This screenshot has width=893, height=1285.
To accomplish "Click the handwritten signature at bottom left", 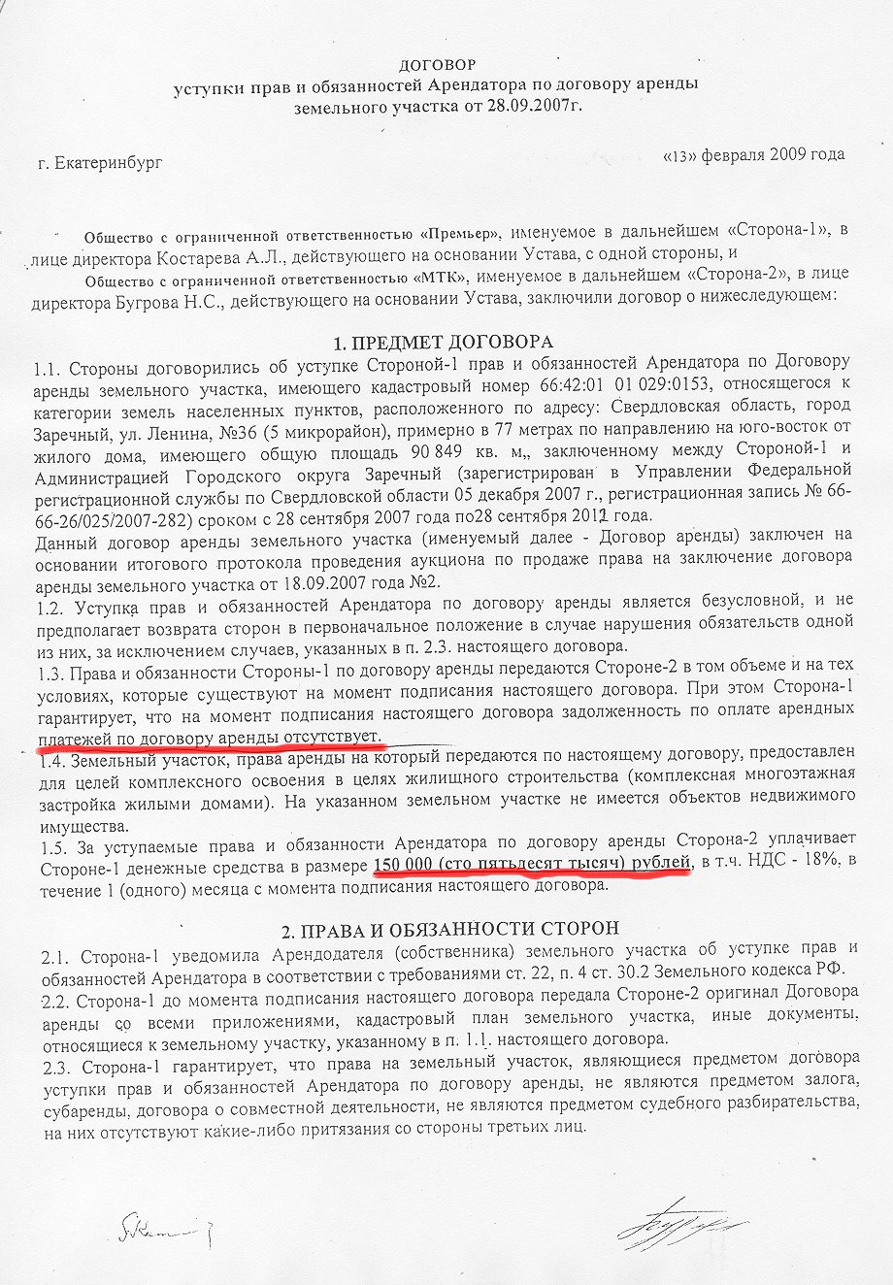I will (155, 1230).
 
